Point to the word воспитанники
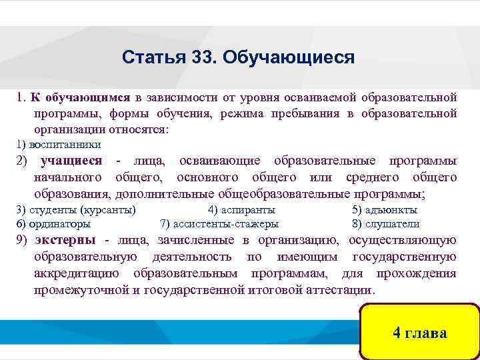65,144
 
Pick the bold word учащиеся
71,161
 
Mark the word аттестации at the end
342,291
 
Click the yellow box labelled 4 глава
419,333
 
